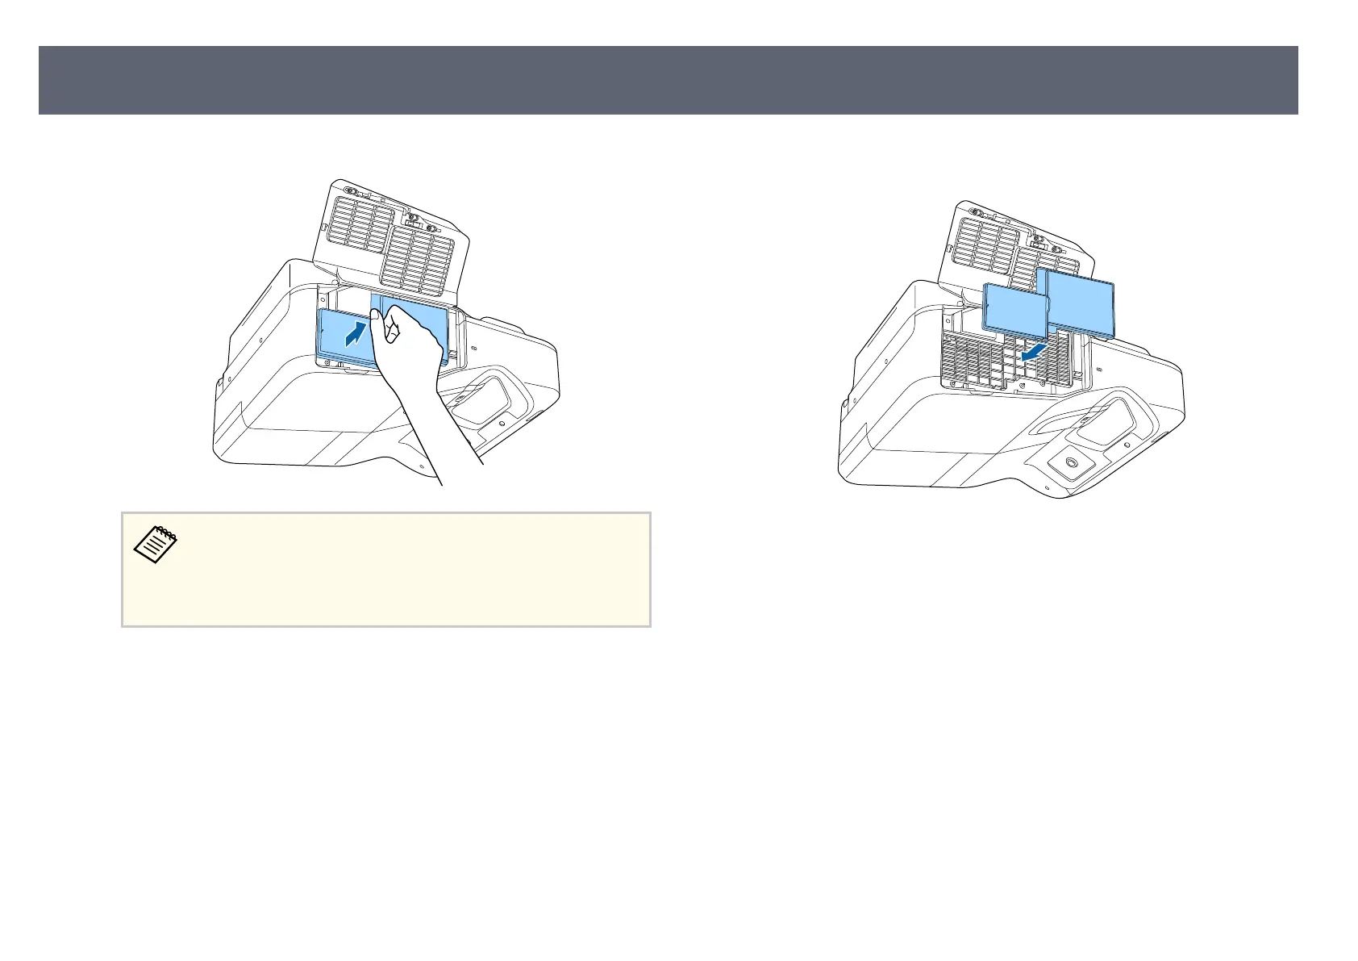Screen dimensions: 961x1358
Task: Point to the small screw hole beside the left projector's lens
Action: tap(502, 422)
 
